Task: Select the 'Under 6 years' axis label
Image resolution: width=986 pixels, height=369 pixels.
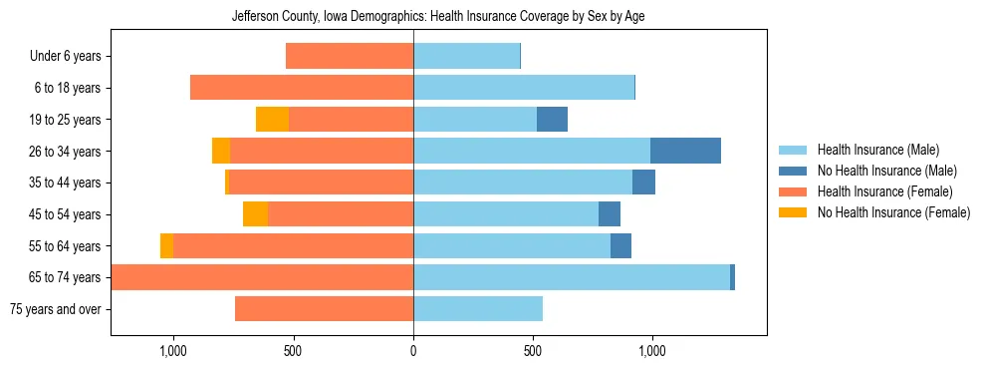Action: coord(66,57)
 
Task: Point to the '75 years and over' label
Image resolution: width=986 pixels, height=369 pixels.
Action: coord(55,309)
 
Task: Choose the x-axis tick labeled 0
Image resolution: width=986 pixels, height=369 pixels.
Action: coord(413,351)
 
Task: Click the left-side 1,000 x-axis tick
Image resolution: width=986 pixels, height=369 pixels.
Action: coord(173,351)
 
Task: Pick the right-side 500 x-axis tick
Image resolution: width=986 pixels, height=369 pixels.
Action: coord(533,351)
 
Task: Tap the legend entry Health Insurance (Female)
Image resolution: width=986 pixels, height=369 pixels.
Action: coord(884,191)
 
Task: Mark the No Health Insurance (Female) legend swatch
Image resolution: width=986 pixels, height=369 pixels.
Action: coord(794,212)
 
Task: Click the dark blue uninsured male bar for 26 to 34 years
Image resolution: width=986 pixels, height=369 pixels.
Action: coord(685,151)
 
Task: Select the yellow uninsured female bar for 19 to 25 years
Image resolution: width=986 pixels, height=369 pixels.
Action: coord(272,120)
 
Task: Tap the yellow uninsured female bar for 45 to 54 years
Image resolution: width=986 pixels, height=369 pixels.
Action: coord(255,214)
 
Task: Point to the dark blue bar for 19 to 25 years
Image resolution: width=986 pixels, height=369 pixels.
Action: coord(552,120)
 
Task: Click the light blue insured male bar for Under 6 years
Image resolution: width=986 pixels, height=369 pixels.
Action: coord(466,57)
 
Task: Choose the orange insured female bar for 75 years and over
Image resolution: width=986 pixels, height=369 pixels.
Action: coord(324,309)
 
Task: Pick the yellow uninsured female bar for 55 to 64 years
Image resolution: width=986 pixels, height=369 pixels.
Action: coord(166,246)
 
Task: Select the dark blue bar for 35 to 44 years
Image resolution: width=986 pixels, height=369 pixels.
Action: coord(643,183)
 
